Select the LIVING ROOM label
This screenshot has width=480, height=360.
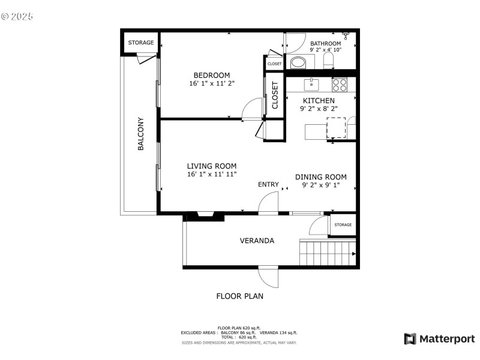[211, 166]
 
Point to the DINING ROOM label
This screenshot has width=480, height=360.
[320, 177]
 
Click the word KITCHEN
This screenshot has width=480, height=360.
[319, 100]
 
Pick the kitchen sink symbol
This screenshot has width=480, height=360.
[311, 83]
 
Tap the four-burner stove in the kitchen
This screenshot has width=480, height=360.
[340, 84]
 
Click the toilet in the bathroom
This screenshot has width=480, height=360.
[328, 61]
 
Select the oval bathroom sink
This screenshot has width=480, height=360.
[298, 62]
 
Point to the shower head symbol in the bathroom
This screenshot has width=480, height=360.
[346, 35]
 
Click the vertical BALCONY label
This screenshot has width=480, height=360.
[141, 133]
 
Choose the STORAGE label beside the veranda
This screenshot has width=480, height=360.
[343, 224]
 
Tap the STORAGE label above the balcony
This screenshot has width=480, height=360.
[140, 43]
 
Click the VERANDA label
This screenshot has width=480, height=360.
[257, 241]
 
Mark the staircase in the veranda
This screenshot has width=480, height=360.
[327, 252]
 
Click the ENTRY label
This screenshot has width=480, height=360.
[268, 184]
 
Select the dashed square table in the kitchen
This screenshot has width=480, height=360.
[336, 128]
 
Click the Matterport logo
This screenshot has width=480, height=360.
[439, 339]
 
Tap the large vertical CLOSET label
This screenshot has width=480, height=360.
[275, 95]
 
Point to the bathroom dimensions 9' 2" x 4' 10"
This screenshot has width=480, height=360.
[325, 50]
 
